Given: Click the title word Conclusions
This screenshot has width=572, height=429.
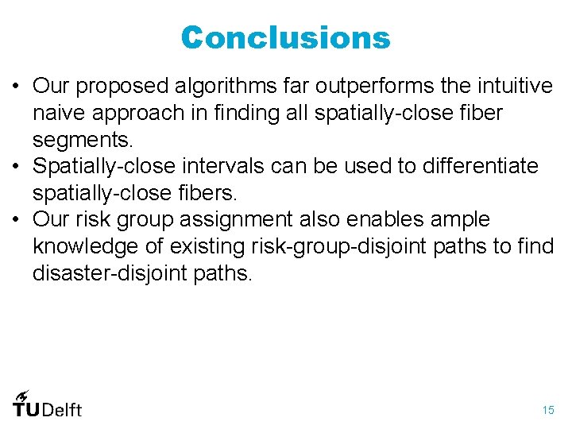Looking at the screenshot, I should point(286,37).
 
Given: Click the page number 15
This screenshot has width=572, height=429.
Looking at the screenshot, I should point(548,410).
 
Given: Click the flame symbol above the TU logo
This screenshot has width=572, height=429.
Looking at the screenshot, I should point(21,394).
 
